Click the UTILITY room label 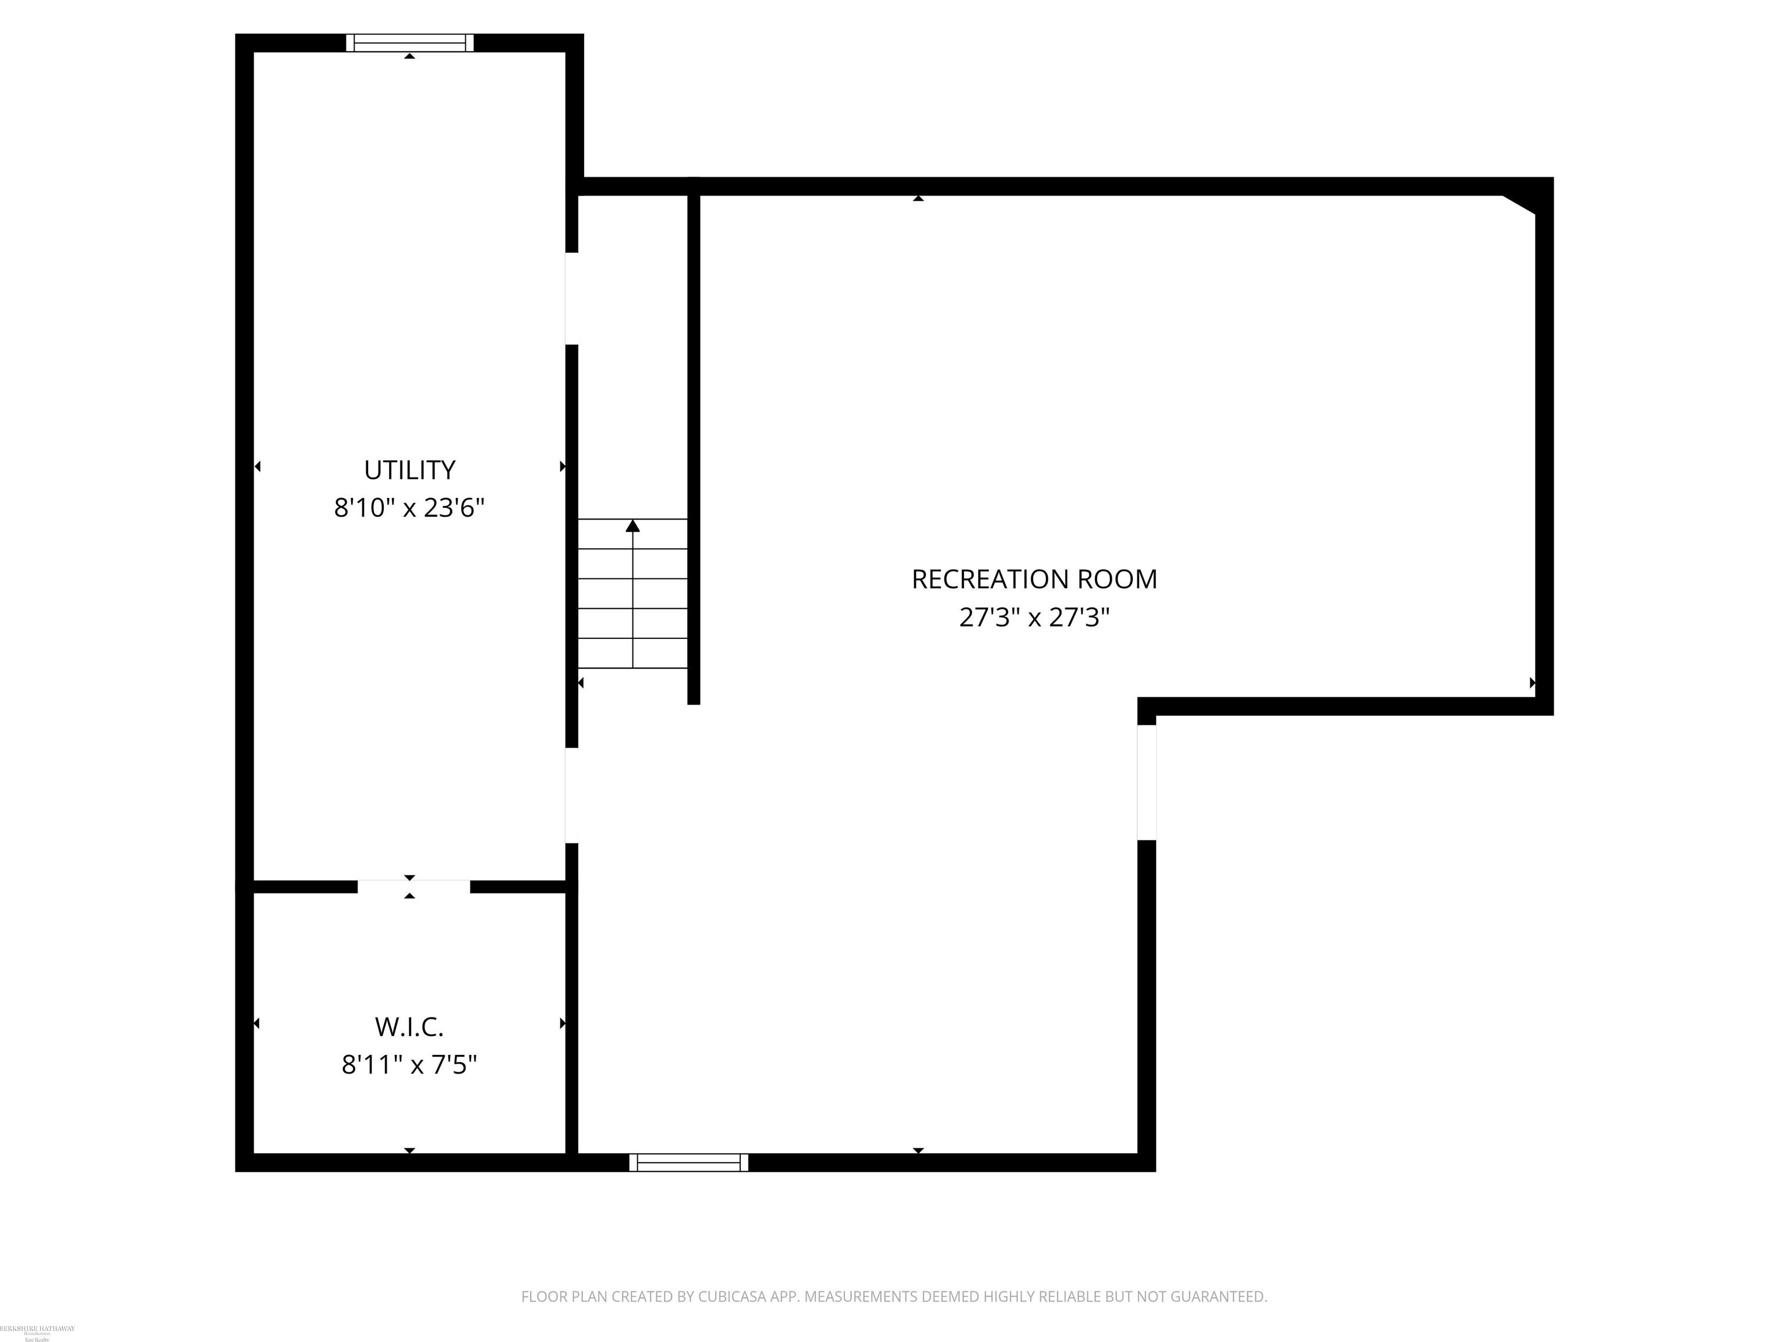[x=409, y=470]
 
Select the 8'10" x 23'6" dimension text [x=409, y=508]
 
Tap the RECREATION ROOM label [x=1034, y=579]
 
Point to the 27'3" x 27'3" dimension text [x=1034, y=618]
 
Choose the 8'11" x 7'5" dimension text [x=409, y=1065]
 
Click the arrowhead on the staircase [x=632, y=527]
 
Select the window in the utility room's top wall [x=409, y=43]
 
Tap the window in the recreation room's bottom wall [x=688, y=1163]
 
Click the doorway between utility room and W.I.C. [x=413, y=887]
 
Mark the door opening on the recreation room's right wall [x=1146, y=782]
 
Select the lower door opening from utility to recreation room [x=572, y=795]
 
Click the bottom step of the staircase [x=632, y=654]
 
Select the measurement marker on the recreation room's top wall [x=918, y=198]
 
